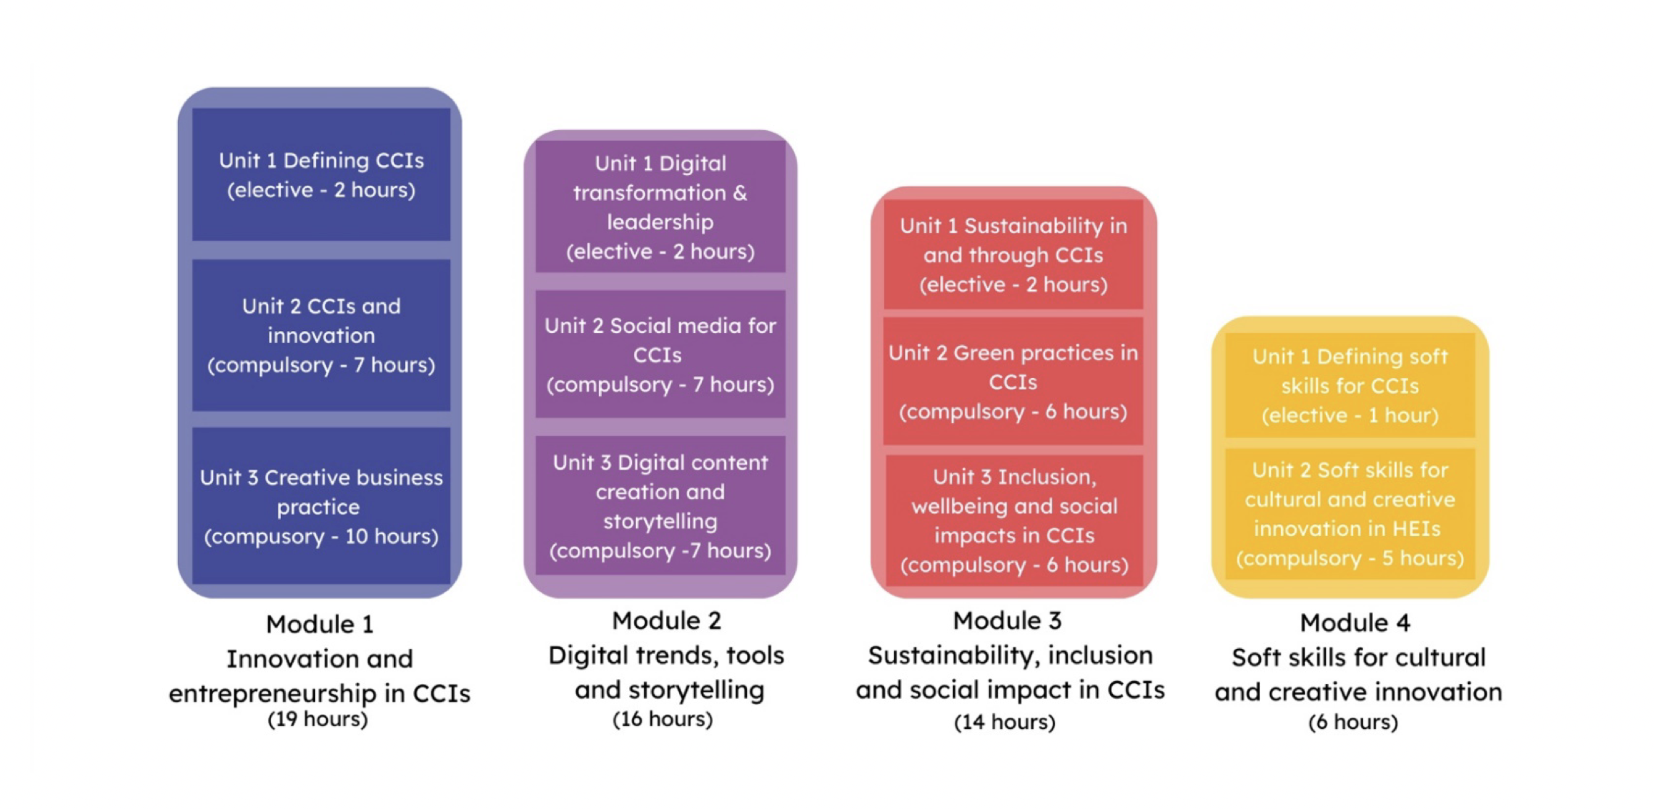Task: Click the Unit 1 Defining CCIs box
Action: [321, 174]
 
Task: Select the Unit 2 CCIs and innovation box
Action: [321, 335]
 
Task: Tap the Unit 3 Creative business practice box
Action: [321, 506]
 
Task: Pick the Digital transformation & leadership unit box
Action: [660, 207]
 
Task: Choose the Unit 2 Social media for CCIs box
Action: [660, 354]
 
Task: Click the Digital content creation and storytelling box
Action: [660, 506]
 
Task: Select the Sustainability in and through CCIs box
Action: [1013, 254]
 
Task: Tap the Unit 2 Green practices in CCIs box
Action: [1013, 382]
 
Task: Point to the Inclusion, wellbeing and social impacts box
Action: [1014, 520]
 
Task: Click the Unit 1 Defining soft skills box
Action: [1350, 385]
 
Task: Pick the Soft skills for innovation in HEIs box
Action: [1350, 513]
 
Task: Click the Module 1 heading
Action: [320, 625]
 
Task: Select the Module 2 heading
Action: [666, 621]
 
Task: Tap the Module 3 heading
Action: [1007, 621]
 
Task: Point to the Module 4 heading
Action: [1355, 623]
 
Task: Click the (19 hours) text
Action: [317, 719]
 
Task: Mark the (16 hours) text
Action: [663, 719]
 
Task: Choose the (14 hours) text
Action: [1004, 722]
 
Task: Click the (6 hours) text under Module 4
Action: [1352, 722]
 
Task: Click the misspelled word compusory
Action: [264, 537]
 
